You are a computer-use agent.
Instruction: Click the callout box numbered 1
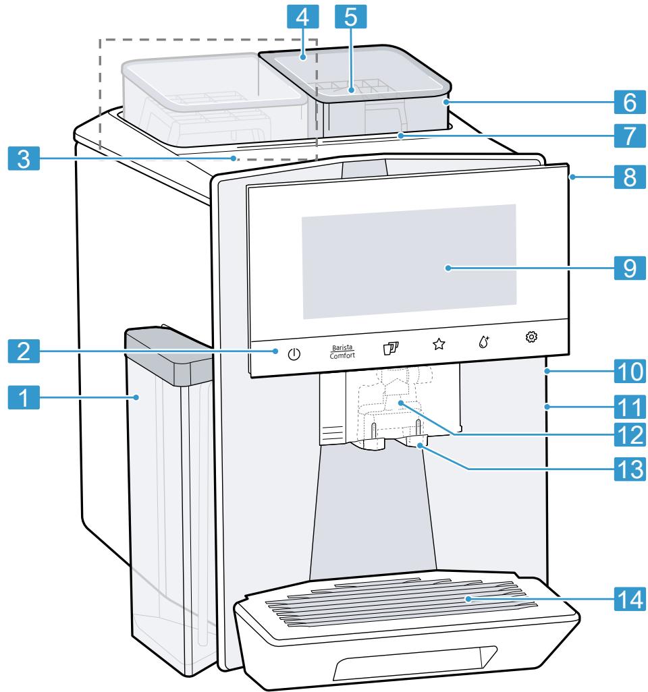(x=24, y=398)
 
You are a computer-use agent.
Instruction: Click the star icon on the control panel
(x=439, y=345)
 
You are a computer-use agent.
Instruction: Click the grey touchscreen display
(x=408, y=261)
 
